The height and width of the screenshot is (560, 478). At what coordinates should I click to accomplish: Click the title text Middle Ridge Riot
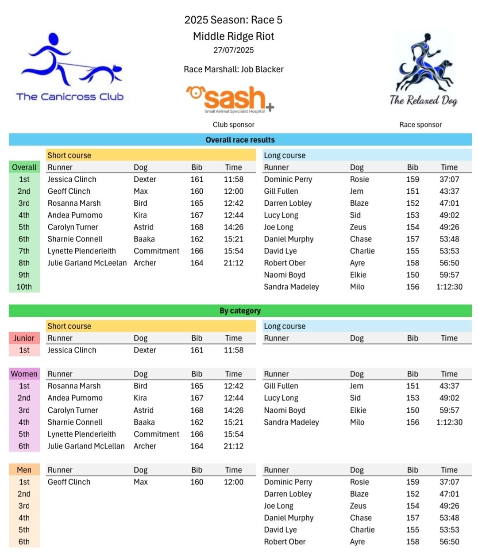233,36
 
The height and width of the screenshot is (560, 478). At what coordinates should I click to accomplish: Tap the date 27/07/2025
233,50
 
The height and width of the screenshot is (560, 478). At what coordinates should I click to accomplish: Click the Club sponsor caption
233,125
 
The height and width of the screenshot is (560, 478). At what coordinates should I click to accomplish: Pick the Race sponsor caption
420,125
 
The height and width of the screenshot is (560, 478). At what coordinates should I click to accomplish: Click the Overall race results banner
240,140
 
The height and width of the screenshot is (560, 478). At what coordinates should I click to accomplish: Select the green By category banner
240,311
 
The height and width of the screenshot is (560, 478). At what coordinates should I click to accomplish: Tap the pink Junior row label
24,338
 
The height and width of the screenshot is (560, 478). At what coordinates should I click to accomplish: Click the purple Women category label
24,374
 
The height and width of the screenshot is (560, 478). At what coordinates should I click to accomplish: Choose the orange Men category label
24,470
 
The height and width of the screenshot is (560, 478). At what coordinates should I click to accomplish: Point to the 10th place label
24,287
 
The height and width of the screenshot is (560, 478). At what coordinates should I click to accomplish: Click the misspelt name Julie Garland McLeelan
87,263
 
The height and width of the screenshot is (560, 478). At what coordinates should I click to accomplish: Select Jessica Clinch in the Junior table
72,350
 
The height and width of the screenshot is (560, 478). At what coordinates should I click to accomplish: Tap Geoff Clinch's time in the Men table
233,482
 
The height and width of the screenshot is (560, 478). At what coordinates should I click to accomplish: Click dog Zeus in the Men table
358,506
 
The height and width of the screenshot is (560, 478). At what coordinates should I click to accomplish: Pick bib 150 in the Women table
412,410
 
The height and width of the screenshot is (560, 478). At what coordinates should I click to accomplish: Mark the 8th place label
24,263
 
